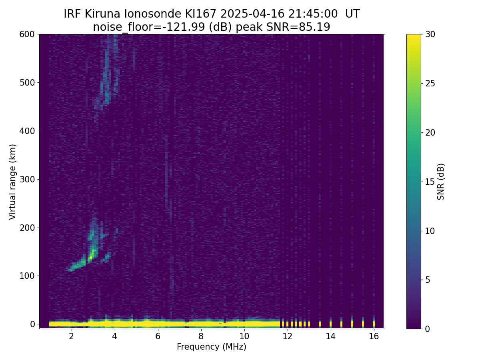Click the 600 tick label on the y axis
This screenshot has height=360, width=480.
[x=27, y=34]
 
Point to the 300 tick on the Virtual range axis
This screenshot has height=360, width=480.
[x=27, y=180]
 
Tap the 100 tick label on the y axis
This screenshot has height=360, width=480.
[x=27, y=276]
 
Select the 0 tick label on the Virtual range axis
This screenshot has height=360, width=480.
[x=32, y=324]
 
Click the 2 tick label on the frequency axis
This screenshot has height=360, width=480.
[x=71, y=336]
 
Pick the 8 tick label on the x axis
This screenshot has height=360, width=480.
[x=201, y=336]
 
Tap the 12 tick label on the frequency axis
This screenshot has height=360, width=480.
[x=287, y=336]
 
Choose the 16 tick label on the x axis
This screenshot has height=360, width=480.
[x=374, y=336]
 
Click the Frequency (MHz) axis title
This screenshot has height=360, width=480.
[x=212, y=347]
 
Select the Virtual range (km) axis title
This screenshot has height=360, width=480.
[x=12, y=182]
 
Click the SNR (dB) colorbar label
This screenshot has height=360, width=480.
[x=441, y=182]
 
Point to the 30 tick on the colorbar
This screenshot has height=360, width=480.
[x=430, y=34]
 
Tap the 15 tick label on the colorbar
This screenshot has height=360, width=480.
[x=430, y=182]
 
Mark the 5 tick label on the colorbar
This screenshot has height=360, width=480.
[x=428, y=280]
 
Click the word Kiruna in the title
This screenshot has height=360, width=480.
[x=102, y=14]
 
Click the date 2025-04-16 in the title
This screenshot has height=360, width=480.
[x=252, y=14]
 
